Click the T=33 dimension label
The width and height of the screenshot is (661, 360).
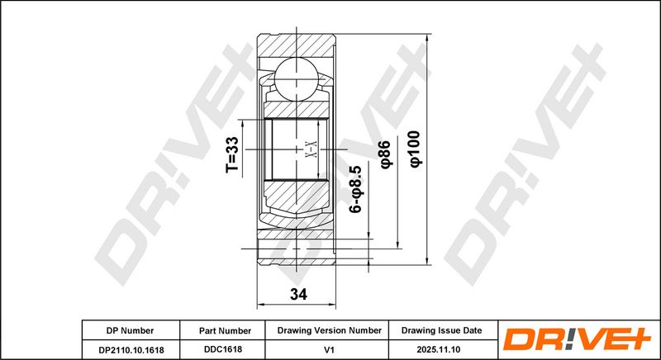tap(232, 155)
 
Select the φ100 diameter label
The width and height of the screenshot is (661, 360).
tap(416, 149)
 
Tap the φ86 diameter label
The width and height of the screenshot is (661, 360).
tap(386, 154)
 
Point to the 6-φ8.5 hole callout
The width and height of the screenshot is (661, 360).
tap(357, 188)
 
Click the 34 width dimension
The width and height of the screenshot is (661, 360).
tap(298, 294)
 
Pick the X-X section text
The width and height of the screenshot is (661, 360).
tap(311, 150)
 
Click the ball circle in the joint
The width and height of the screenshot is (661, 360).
tap(296, 79)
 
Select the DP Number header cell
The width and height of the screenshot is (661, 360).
tap(130, 330)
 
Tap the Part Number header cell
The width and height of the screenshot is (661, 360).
tap(225, 331)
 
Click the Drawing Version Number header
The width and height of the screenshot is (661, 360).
tap(329, 330)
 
